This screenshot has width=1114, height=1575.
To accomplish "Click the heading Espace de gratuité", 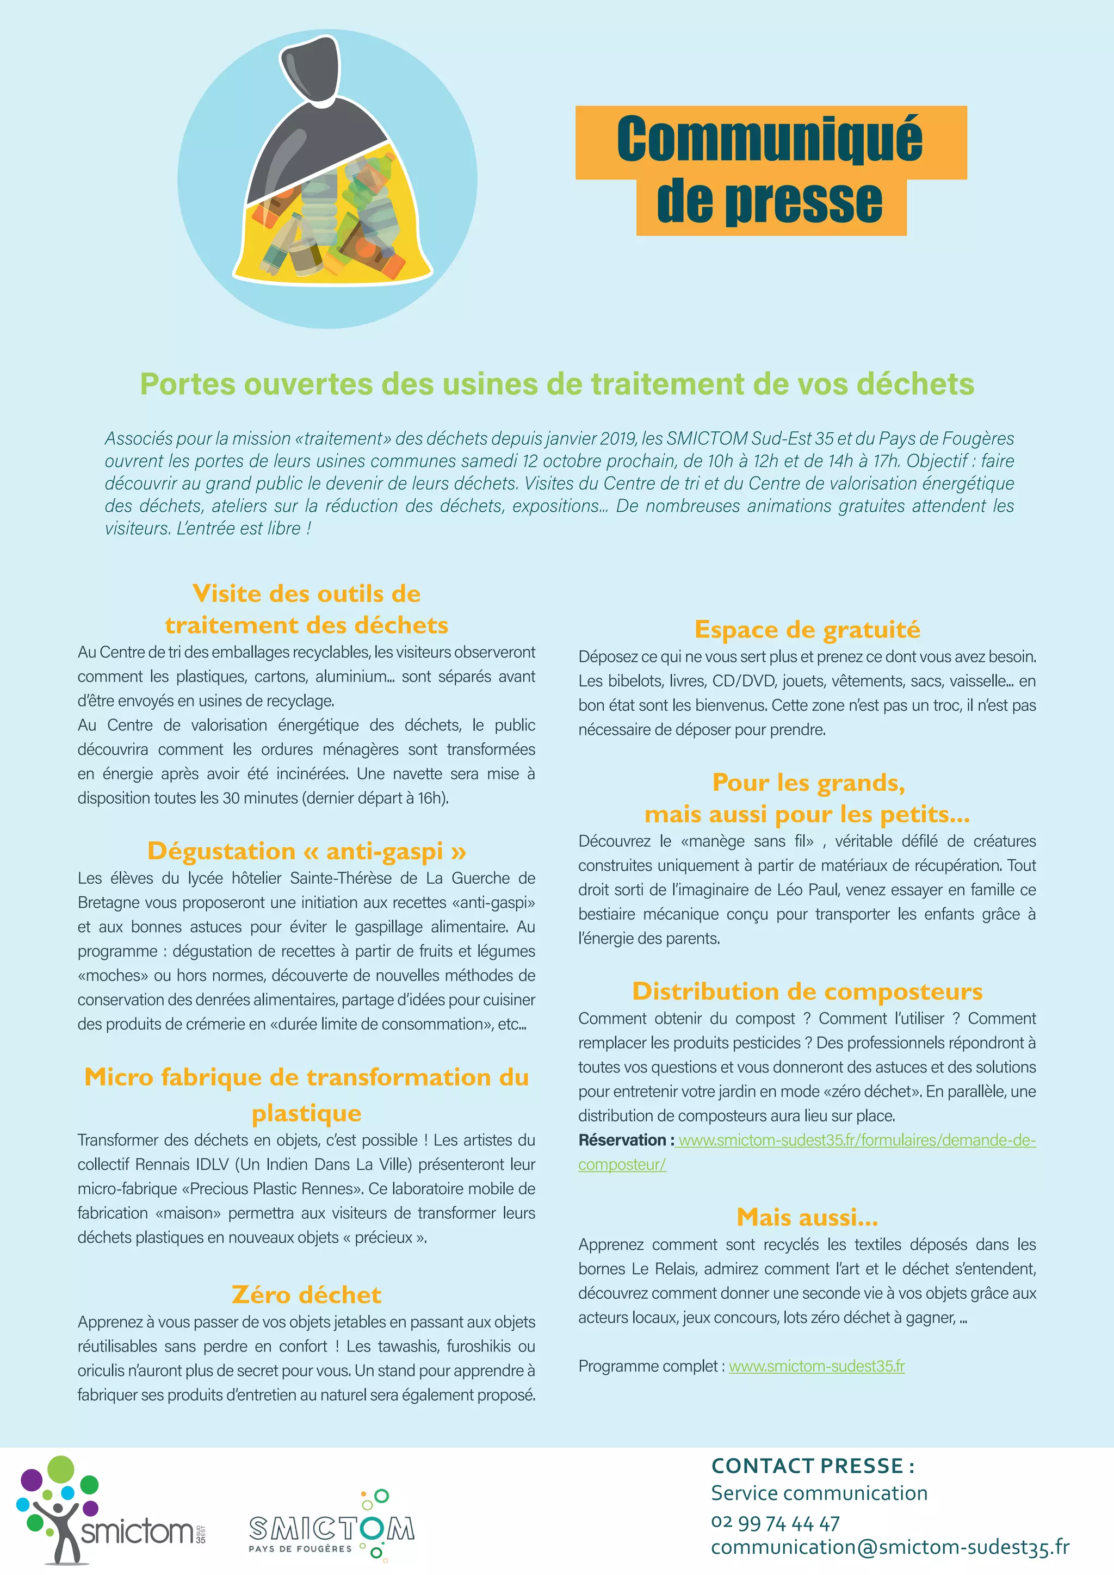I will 807,629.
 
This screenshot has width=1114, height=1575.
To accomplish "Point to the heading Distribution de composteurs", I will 807,991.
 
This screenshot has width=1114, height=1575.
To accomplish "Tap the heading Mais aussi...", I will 807,1217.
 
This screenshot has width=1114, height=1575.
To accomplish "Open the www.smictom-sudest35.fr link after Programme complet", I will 816,1366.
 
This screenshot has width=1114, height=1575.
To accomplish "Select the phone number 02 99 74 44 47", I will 775,1523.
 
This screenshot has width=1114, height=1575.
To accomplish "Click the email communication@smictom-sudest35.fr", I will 890,1548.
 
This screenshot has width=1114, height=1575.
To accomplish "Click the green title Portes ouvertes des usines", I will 556,384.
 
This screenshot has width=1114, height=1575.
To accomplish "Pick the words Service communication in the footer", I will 819,1493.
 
